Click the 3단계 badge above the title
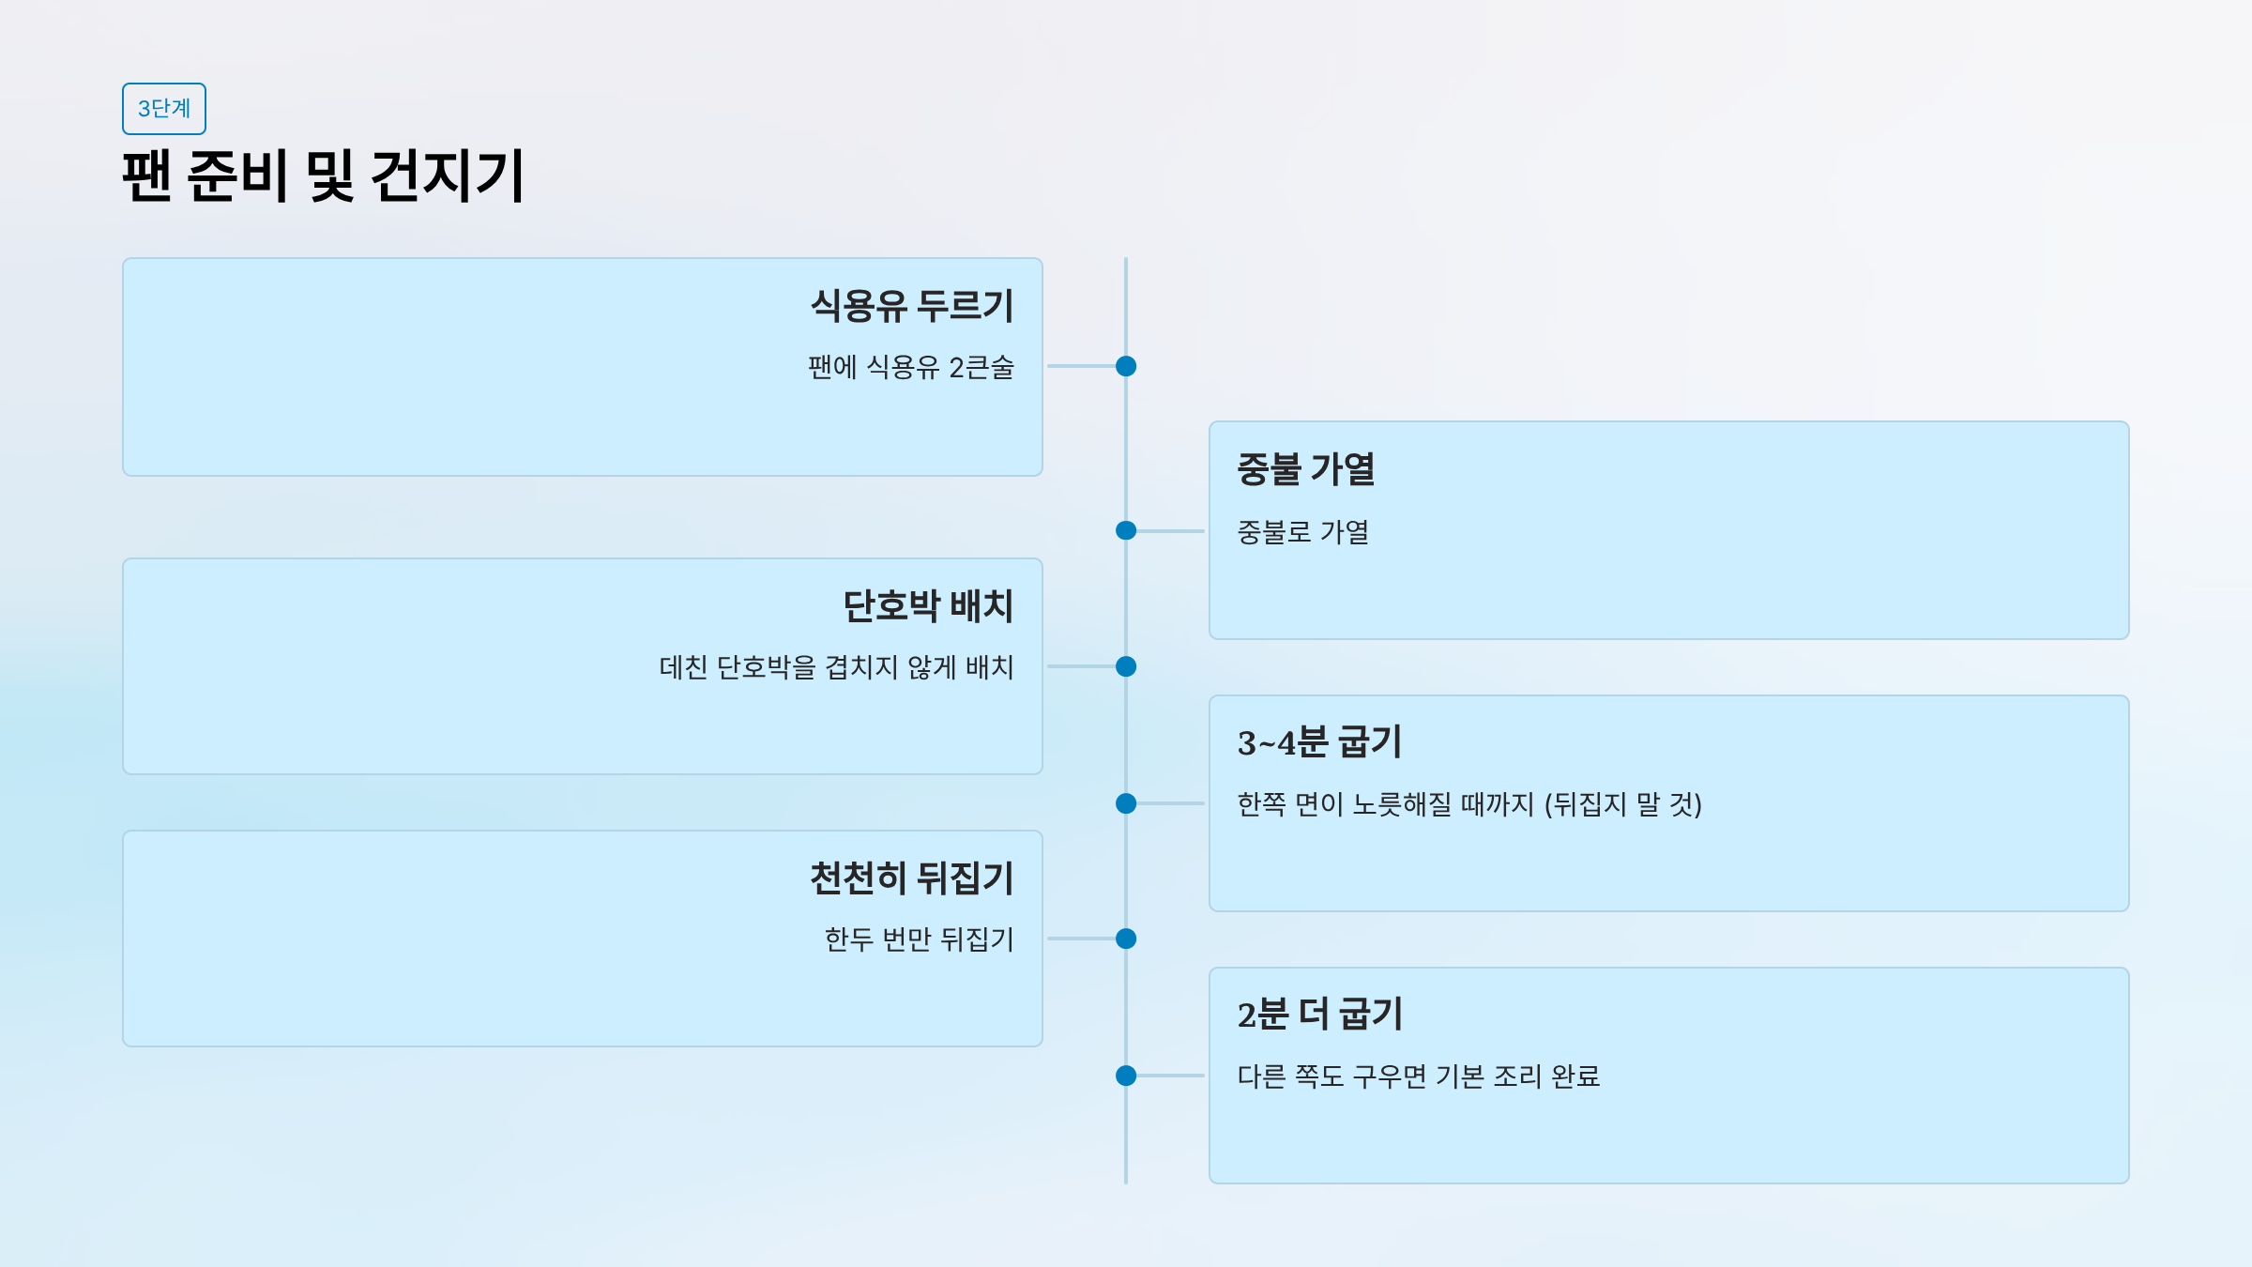[x=164, y=109]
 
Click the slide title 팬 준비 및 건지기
[x=323, y=176]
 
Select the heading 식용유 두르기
[x=911, y=306]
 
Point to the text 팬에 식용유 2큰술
[x=910, y=367]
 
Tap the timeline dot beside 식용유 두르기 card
[x=1126, y=366]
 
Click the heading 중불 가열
[x=1305, y=469]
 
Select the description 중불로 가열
[x=1302, y=532]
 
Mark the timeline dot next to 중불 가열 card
[x=1126, y=531]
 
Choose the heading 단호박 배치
[x=927, y=606]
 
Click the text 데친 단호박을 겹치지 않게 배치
[x=836, y=667]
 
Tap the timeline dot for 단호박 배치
[x=1126, y=666]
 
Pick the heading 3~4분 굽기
[x=1318, y=742]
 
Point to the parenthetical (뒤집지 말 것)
[x=1622, y=804]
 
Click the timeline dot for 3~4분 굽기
[x=1126, y=803]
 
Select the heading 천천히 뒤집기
[x=911, y=878]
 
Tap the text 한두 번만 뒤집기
[x=919, y=939]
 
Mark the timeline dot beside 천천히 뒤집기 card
[x=1126, y=939]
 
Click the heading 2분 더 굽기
[x=1319, y=1015]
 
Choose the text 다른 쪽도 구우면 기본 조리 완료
[x=1418, y=1076]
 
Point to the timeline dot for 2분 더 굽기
[x=1126, y=1076]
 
